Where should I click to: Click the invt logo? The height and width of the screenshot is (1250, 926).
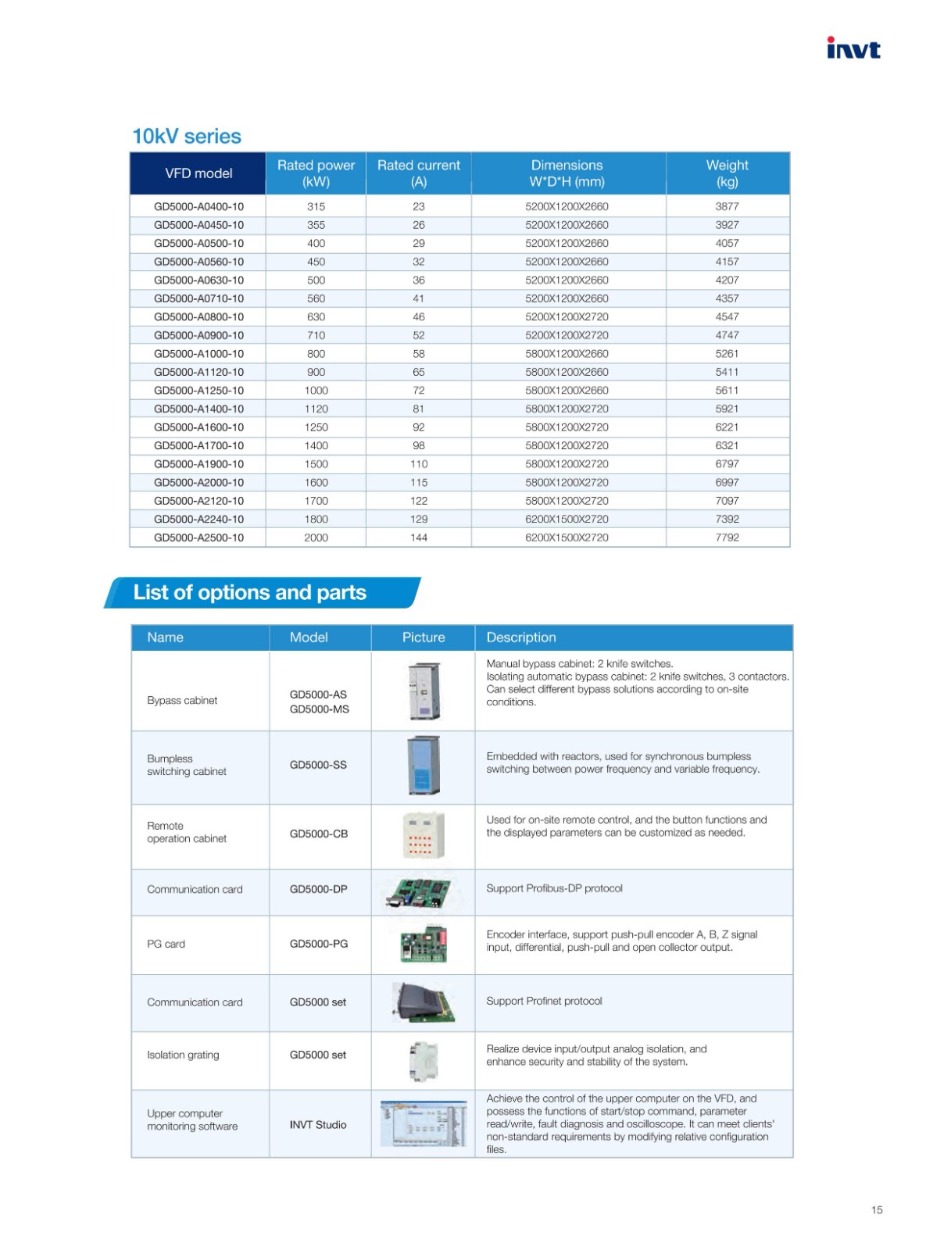[x=853, y=48]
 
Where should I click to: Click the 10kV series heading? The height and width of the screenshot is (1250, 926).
[x=187, y=136]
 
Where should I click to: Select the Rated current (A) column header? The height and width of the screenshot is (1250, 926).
[x=419, y=173]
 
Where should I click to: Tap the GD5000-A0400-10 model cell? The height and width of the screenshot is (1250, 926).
[x=198, y=206]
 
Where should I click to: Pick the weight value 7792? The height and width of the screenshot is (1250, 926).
[x=727, y=537]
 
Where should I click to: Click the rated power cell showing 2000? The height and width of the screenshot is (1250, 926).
[x=316, y=537]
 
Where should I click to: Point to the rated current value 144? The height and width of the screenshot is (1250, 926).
[x=419, y=537]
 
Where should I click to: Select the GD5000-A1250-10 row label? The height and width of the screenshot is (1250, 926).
[x=198, y=391]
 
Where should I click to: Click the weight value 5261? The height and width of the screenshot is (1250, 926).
[x=727, y=354]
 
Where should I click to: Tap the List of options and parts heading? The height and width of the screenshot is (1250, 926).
[x=249, y=592]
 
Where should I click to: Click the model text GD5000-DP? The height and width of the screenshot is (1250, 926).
[x=318, y=889]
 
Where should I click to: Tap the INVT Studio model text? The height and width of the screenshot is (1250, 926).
[x=318, y=1125]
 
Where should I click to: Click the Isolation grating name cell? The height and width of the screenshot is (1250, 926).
[x=183, y=1055]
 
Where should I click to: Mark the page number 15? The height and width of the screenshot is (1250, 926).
[x=877, y=1210]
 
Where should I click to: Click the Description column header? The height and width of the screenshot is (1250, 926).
[x=521, y=637]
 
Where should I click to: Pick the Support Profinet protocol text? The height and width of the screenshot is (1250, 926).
[x=544, y=1002]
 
